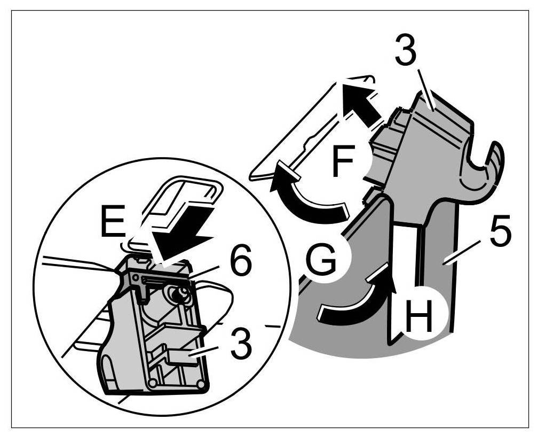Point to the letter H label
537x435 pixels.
click(419, 316)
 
